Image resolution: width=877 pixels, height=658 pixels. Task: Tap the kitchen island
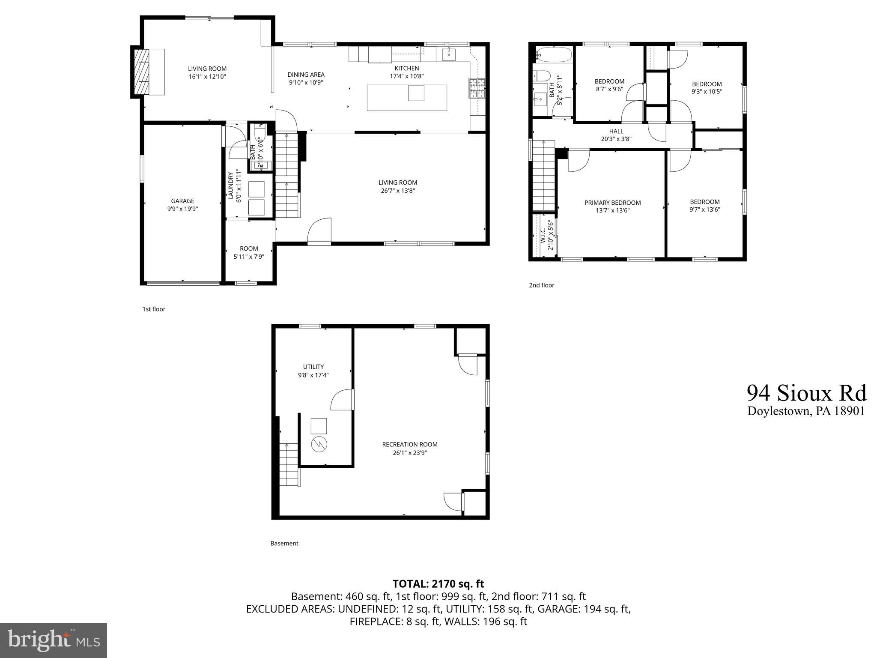[x=407, y=98]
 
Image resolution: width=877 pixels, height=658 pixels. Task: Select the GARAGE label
[x=182, y=201]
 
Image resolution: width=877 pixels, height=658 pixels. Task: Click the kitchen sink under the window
[x=449, y=54]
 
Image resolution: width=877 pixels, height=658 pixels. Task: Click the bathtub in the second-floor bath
[x=554, y=55]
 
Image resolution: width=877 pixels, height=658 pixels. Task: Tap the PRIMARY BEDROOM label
[x=612, y=203]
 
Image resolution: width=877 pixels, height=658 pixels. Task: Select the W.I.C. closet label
[x=543, y=235]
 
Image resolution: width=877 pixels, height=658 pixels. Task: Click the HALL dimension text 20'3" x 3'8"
[x=616, y=139]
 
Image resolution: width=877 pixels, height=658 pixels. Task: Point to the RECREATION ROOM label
[x=410, y=445]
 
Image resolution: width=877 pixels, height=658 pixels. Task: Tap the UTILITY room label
[x=313, y=367]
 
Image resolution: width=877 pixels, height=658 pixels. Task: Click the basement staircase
[x=289, y=464]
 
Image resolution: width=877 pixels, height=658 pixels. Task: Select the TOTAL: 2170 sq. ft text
[x=438, y=583]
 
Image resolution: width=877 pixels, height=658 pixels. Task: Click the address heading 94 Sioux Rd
[x=806, y=392]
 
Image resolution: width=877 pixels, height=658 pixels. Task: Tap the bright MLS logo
[x=54, y=640]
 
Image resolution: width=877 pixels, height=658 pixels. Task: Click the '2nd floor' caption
[x=541, y=285]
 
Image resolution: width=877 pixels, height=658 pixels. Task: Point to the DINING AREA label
[x=306, y=75]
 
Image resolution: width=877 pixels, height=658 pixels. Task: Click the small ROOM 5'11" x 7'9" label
[x=249, y=248]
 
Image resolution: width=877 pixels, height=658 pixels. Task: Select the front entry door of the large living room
[x=319, y=233]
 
